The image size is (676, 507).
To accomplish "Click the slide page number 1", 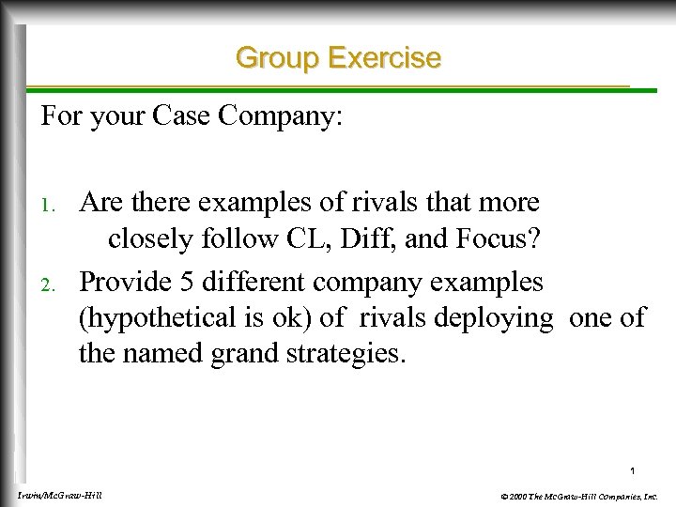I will point(634,470).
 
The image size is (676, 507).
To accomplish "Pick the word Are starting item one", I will point(103,202).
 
